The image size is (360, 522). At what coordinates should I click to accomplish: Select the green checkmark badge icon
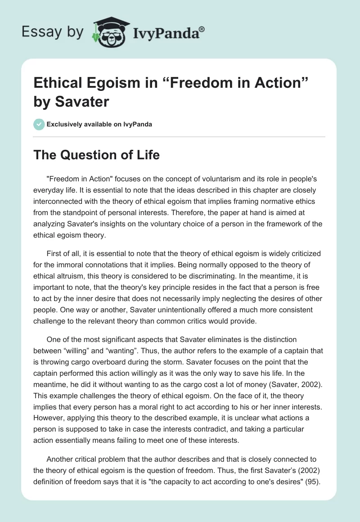point(39,124)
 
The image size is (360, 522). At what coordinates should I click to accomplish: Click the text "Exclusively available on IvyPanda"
point(99,124)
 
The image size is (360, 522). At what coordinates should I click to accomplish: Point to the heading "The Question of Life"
point(97,155)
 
